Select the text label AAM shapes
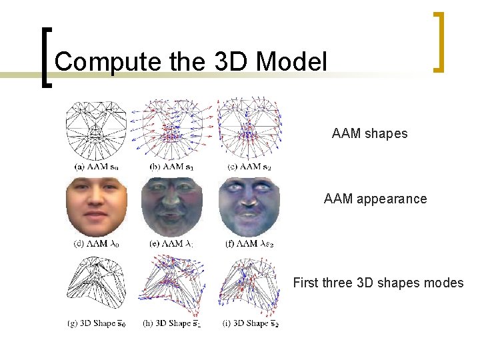click(x=369, y=133)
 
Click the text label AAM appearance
click(x=375, y=199)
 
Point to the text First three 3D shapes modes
click(x=378, y=283)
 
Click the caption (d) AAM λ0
click(x=96, y=244)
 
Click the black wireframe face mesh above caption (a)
click(x=96, y=128)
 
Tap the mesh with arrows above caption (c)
click(x=249, y=128)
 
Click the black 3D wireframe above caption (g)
click(x=96, y=285)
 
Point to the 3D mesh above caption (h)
click(x=173, y=285)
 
